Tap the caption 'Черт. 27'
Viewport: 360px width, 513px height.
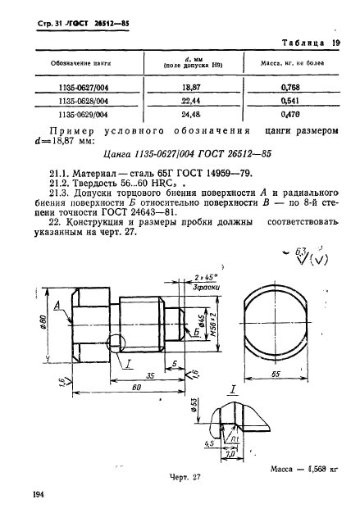175,475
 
